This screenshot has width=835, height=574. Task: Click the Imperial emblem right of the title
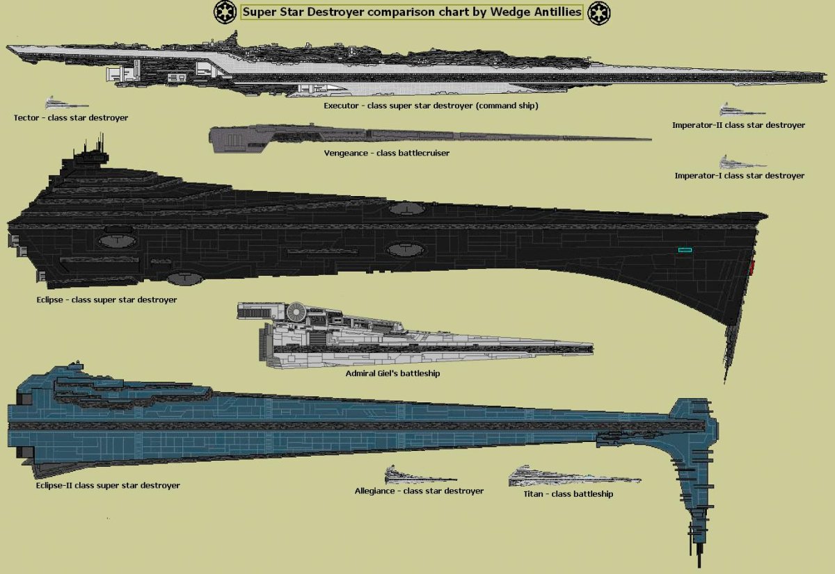(599, 13)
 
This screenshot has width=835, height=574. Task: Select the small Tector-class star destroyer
(62, 104)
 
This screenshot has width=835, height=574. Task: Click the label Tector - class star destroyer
(71, 118)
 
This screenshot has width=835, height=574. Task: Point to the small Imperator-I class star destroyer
(742, 163)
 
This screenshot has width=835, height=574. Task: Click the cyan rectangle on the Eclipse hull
(685, 249)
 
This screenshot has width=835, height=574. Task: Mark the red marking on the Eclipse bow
(751, 266)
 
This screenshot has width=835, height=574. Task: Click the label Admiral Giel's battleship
(392, 374)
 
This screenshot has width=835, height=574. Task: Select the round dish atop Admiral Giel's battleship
(298, 309)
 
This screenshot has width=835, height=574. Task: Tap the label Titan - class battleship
(568, 494)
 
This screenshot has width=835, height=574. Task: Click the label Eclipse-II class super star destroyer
(108, 486)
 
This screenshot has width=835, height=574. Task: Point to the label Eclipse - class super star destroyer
(106, 300)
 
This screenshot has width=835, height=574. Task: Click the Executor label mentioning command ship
(431, 106)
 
